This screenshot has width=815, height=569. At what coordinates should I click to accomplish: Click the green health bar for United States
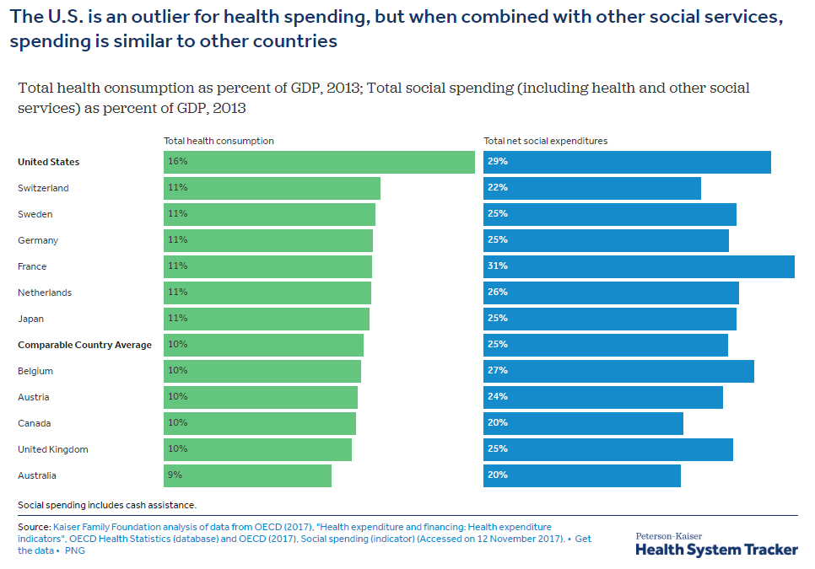319,162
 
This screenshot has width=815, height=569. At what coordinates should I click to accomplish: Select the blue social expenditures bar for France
639,266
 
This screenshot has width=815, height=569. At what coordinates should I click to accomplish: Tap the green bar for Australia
247,475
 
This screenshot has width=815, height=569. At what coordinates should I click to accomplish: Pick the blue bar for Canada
583,423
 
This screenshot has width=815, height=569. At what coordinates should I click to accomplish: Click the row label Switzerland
43,188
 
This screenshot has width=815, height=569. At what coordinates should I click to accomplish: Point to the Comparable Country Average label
84,345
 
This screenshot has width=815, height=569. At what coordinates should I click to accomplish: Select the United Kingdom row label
52,449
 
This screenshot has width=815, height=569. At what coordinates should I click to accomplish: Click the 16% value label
177,162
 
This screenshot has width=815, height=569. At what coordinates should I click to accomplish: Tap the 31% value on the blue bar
498,266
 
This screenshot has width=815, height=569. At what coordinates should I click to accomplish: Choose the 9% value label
175,475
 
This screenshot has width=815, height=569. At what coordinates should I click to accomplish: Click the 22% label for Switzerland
498,188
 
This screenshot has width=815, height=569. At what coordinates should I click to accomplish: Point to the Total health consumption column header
219,142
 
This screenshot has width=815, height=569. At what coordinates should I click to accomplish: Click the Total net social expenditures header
545,142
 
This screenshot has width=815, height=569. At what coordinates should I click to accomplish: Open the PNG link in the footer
75,551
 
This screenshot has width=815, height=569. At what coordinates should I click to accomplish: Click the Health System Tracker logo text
716,549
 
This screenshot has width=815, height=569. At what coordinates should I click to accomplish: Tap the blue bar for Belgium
618,371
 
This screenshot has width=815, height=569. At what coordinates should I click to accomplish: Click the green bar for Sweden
269,214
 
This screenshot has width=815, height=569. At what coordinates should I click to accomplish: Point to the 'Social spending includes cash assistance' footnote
107,505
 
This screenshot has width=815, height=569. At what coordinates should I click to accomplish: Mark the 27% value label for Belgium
498,371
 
